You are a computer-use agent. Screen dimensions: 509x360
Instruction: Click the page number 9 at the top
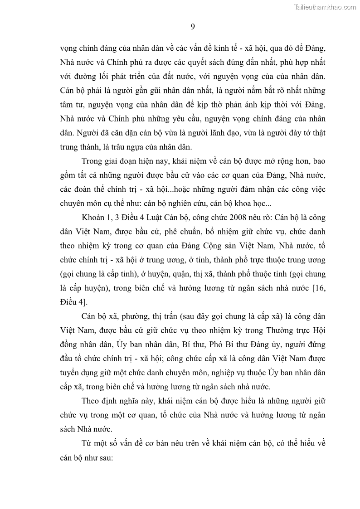click(x=193, y=27)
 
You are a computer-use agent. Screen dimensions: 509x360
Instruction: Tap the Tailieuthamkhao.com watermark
click(x=325, y=7)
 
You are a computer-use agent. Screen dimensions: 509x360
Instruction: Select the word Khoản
click(x=94, y=218)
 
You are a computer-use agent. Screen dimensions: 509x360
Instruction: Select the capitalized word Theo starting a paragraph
click(x=92, y=401)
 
